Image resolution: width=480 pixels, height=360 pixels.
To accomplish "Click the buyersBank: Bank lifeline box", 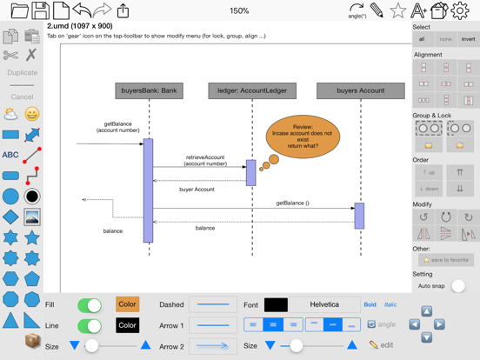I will point(149,90).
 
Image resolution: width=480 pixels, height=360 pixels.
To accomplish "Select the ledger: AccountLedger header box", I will point(252,90).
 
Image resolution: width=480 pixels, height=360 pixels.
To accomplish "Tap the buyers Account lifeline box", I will point(360,90).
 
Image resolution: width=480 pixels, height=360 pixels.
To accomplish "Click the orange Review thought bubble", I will point(303,136).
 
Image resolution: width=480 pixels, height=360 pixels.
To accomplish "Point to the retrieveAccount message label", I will point(205,161).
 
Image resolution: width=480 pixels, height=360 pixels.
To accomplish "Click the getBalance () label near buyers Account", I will point(292,203).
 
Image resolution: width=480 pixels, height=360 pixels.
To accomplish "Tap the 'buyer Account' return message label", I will point(197,189).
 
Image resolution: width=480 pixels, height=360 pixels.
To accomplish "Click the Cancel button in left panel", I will point(22,97).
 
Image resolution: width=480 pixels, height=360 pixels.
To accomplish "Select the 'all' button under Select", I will point(422,39).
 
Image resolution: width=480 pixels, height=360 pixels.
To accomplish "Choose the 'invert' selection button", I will point(468,39).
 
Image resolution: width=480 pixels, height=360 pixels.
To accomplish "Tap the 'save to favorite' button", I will point(445,260).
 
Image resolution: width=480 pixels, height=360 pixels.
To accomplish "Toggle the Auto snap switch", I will point(458,286).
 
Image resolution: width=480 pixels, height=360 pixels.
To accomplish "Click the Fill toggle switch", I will point(90,305).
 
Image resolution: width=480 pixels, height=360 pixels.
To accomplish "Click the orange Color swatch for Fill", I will point(127,305).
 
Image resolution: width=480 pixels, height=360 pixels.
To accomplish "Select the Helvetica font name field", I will point(324,305).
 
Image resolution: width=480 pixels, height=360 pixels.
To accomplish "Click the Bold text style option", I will point(370,305).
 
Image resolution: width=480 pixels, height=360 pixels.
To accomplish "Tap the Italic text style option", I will point(390,305).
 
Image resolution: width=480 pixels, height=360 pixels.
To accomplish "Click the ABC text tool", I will point(10,156).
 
